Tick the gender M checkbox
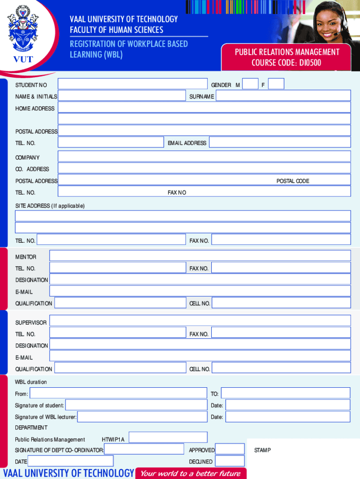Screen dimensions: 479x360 pyautogui.click(x=251, y=84)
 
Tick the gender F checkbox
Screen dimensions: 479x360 pyautogui.click(x=276, y=84)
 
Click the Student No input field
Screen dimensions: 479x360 pyautogui.click(x=132, y=84)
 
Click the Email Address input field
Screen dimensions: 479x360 pyautogui.click(x=280, y=143)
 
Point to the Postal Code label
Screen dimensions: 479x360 pyautogui.click(x=293, y=181)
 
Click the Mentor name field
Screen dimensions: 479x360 pyautogui.click(x=200, y=255)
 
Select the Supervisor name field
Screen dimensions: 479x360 pyautogui.click(x=200, y=321)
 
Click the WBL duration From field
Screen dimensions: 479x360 pyautogui.click(x=118, y=393)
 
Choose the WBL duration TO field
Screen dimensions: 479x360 pyautogui.click(x=285, y=393)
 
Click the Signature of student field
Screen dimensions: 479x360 pyautogui.click(x=136, y=405)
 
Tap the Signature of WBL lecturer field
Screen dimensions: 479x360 pyautogui.click(x=142, y=416)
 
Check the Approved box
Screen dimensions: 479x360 pyautogui.click(x=230, y=450)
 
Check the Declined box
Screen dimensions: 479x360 pyautogui.click(x=230, y=461)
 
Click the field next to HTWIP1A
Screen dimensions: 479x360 pyautogui.click(x=168, y=438)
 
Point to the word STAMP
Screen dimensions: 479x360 pyautogui.click(x=262, y=450)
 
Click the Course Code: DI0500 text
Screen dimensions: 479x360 pyautogui.click(x=287, y=63)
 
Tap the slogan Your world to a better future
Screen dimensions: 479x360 pyautogui.click(x=191, y=473)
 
